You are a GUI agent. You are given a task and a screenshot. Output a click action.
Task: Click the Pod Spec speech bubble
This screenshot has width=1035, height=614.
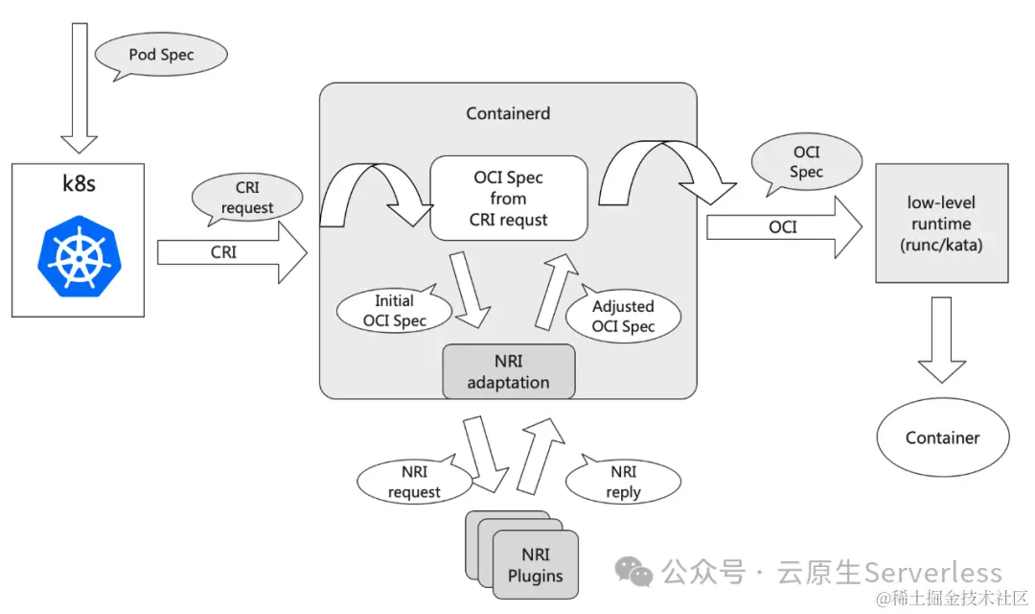[x=161, y=55]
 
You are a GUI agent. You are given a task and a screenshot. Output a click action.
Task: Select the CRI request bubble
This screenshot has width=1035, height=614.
[x=247, y=198]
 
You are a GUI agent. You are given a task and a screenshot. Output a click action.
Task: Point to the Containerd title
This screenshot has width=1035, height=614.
[x=508, y=113]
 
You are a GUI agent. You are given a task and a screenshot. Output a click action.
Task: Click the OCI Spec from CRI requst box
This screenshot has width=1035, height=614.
[x=508, y=199]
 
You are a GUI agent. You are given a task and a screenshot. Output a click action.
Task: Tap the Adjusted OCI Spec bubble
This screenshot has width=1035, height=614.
[x=623, y=316]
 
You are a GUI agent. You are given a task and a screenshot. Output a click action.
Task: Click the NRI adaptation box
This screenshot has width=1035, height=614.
[x=508, y=371]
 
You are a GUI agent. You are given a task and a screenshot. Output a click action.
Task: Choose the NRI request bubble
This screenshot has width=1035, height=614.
[x=414, y=482]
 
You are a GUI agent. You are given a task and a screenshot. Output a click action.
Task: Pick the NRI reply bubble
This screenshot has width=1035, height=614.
[x=623, y=482]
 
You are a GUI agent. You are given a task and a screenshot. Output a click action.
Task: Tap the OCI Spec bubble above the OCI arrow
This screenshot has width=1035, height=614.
[x=805, y=161]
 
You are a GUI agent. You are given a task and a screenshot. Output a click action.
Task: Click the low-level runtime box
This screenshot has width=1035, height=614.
[x=942, y=223]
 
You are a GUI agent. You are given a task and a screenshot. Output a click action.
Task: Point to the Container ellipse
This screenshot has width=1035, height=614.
[x=942, y=437]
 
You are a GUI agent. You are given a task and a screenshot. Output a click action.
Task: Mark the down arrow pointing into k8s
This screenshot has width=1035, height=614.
[x=80, y=82]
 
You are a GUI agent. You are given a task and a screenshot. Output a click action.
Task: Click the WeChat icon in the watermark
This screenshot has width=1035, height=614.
[x=633, y=572]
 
